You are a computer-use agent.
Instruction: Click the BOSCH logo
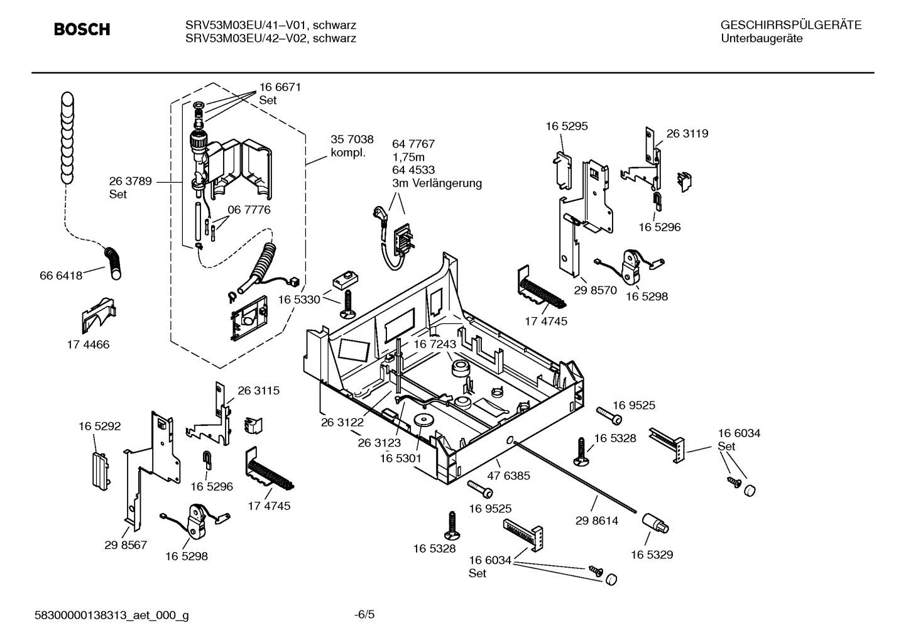click(82, 30)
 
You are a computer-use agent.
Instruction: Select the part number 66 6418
click(61, 275)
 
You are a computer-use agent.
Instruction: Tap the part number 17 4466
click(88, 344)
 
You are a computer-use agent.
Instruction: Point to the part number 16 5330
click(298, 300)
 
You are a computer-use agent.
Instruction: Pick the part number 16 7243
click(434, 344)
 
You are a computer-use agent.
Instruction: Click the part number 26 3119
click(687, 133)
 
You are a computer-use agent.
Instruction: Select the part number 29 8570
click(596, 290)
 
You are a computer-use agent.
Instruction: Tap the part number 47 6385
click(508, 475)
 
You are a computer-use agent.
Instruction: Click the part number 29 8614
click(596, 521)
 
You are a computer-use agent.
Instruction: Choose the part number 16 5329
click(652, 555)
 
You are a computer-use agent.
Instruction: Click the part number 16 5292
click(99, 426)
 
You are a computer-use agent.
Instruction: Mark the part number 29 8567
click(126, 545)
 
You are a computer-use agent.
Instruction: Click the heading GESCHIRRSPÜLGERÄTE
click(790, 25)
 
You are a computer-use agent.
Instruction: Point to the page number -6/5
click(364, 614)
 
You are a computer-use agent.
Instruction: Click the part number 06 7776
click(249, 210)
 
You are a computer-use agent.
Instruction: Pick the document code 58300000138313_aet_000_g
click(111, 616)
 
